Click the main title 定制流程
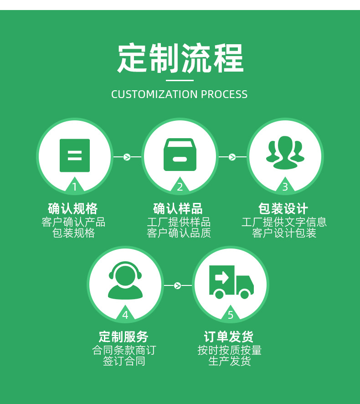pos(180,58)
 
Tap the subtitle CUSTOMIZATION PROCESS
pos(180,94)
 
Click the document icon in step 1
pos(75,155)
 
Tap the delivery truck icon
pos(231,282)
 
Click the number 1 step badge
pos(75,186)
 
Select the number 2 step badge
pos(180,186)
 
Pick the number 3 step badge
pos(285,186)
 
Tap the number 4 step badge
pos(125,315)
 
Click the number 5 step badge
pos(231,315)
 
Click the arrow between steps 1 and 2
pos(127,157)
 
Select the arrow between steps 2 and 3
pos(232,157)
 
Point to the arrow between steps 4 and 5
pos(178,286)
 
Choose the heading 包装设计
pos(283,209)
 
